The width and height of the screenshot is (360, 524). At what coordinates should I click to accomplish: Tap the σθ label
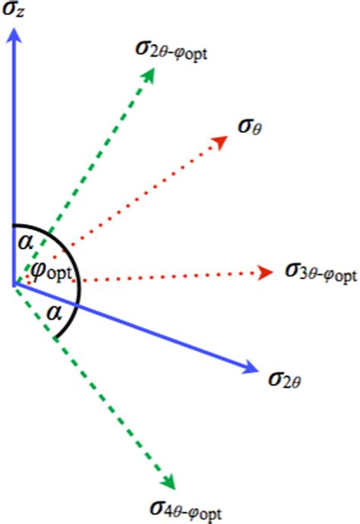[x=250, y=124]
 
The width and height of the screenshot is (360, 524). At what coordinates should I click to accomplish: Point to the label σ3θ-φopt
[x=320, y=271]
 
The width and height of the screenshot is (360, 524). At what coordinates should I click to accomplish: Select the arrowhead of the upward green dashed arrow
[x=149, y=74]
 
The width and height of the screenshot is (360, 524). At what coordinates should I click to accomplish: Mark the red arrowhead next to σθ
[x=220, y=142]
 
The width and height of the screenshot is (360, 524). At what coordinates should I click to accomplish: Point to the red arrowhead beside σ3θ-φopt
[x=266, y=272]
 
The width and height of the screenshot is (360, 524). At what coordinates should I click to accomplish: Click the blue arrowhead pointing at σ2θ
[x=249, y=368]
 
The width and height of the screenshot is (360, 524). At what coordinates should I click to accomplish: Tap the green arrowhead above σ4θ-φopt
[x=169, y=481]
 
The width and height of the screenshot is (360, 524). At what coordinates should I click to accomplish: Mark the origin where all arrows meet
[x=14, y=285]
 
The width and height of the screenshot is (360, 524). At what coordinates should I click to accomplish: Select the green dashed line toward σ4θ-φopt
[x=91, y=384]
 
